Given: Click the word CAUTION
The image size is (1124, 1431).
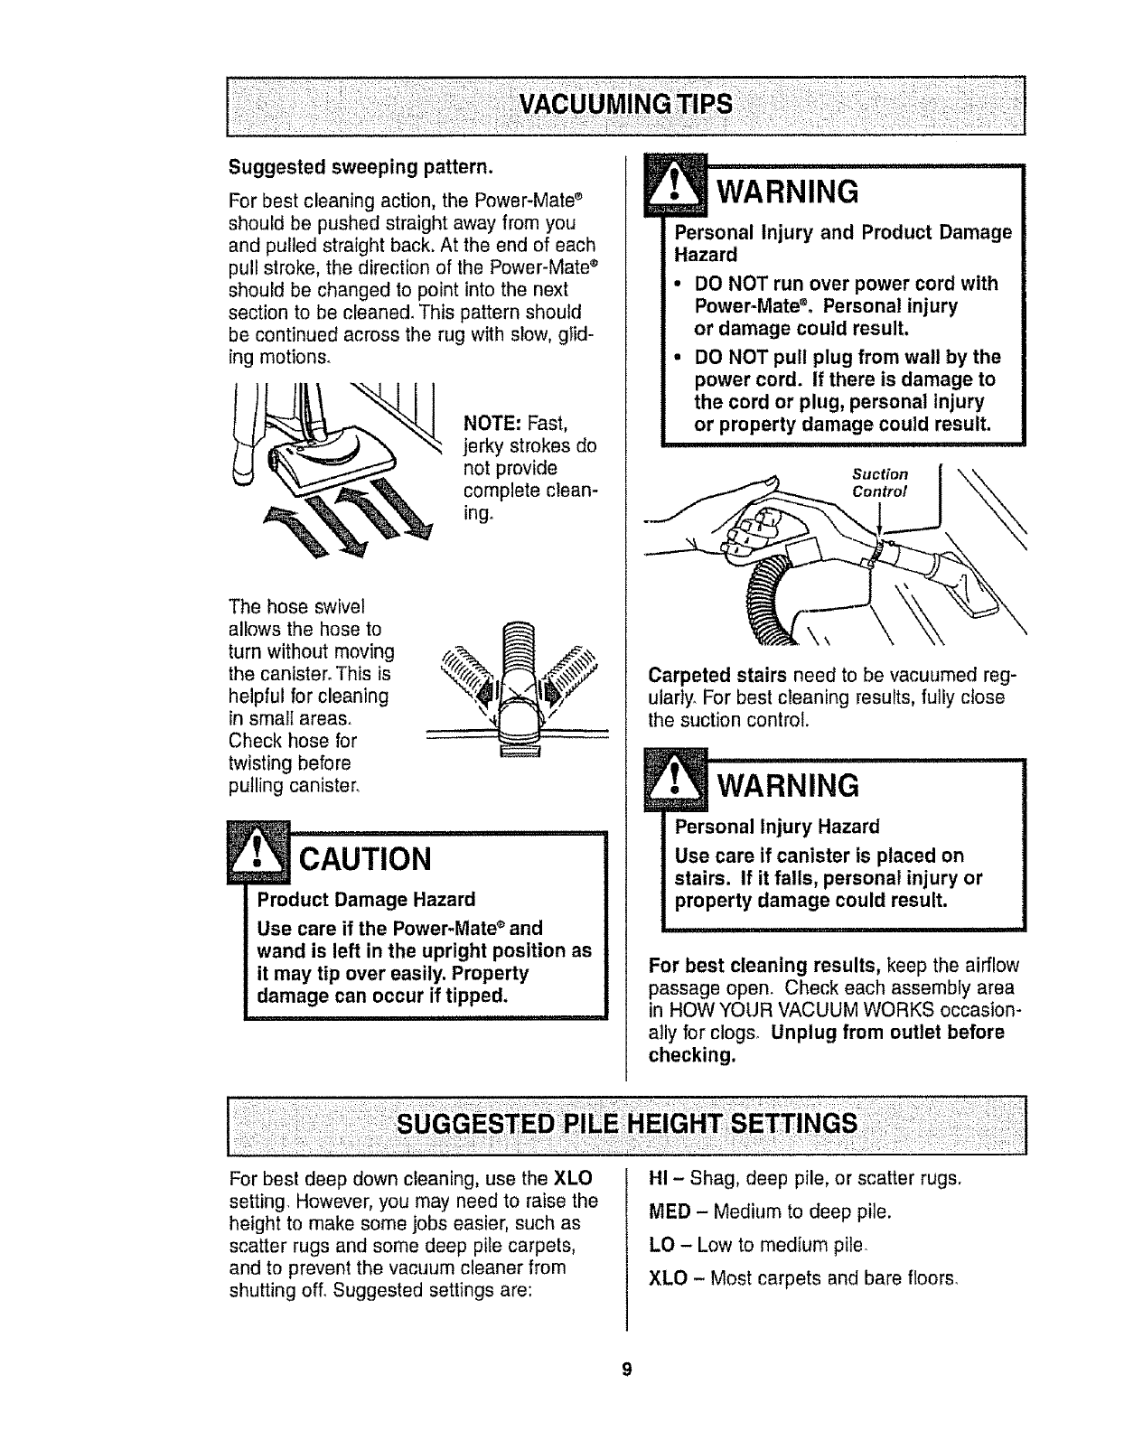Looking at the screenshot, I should (x=364, y=857).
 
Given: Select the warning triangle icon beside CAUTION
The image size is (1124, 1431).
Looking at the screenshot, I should (x=258, y=853).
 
